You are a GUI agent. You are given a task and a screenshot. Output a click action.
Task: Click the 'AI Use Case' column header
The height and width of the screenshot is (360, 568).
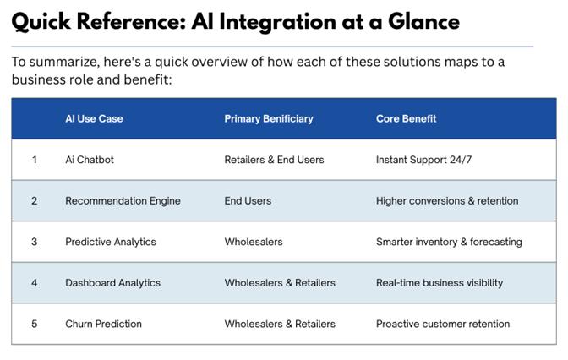[94, 118]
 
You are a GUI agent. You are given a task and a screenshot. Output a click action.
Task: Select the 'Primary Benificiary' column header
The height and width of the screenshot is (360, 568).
[268, 118]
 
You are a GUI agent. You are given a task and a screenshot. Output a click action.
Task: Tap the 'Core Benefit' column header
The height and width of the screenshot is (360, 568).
[406, 118]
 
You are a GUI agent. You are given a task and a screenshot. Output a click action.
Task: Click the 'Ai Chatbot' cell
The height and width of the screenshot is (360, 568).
[90, 160]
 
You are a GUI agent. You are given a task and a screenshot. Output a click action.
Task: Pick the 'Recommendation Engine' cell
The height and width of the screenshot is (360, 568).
[123, 201]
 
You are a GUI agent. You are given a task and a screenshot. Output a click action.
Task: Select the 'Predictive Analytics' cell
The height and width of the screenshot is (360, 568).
[111, 242]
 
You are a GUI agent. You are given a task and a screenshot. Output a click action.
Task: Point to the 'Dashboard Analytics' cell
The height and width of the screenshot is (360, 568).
[112, 283]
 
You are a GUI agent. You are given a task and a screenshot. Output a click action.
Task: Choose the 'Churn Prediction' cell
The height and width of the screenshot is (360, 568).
[103, 324]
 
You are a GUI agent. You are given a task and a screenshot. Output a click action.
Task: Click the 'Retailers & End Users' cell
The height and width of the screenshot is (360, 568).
[274, 160]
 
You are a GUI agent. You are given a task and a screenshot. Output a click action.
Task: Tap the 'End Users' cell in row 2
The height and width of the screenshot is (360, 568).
[248, 201]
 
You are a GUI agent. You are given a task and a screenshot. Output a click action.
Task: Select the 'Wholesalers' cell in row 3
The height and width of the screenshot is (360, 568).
[254, 242]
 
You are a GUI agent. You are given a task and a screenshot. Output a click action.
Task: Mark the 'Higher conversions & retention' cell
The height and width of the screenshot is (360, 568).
[447, 201]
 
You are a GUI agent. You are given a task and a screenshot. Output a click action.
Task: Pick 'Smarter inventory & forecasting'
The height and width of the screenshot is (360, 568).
[449, 242]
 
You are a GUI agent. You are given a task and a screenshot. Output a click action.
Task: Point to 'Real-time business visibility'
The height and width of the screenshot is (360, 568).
[440, 283]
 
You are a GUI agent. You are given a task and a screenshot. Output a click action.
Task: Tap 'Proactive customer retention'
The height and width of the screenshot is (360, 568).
[443, 324]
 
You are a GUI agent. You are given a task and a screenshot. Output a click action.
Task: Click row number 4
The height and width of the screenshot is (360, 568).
[35, 283]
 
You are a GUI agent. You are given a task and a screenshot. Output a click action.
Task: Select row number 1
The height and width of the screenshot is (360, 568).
[35, 160]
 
